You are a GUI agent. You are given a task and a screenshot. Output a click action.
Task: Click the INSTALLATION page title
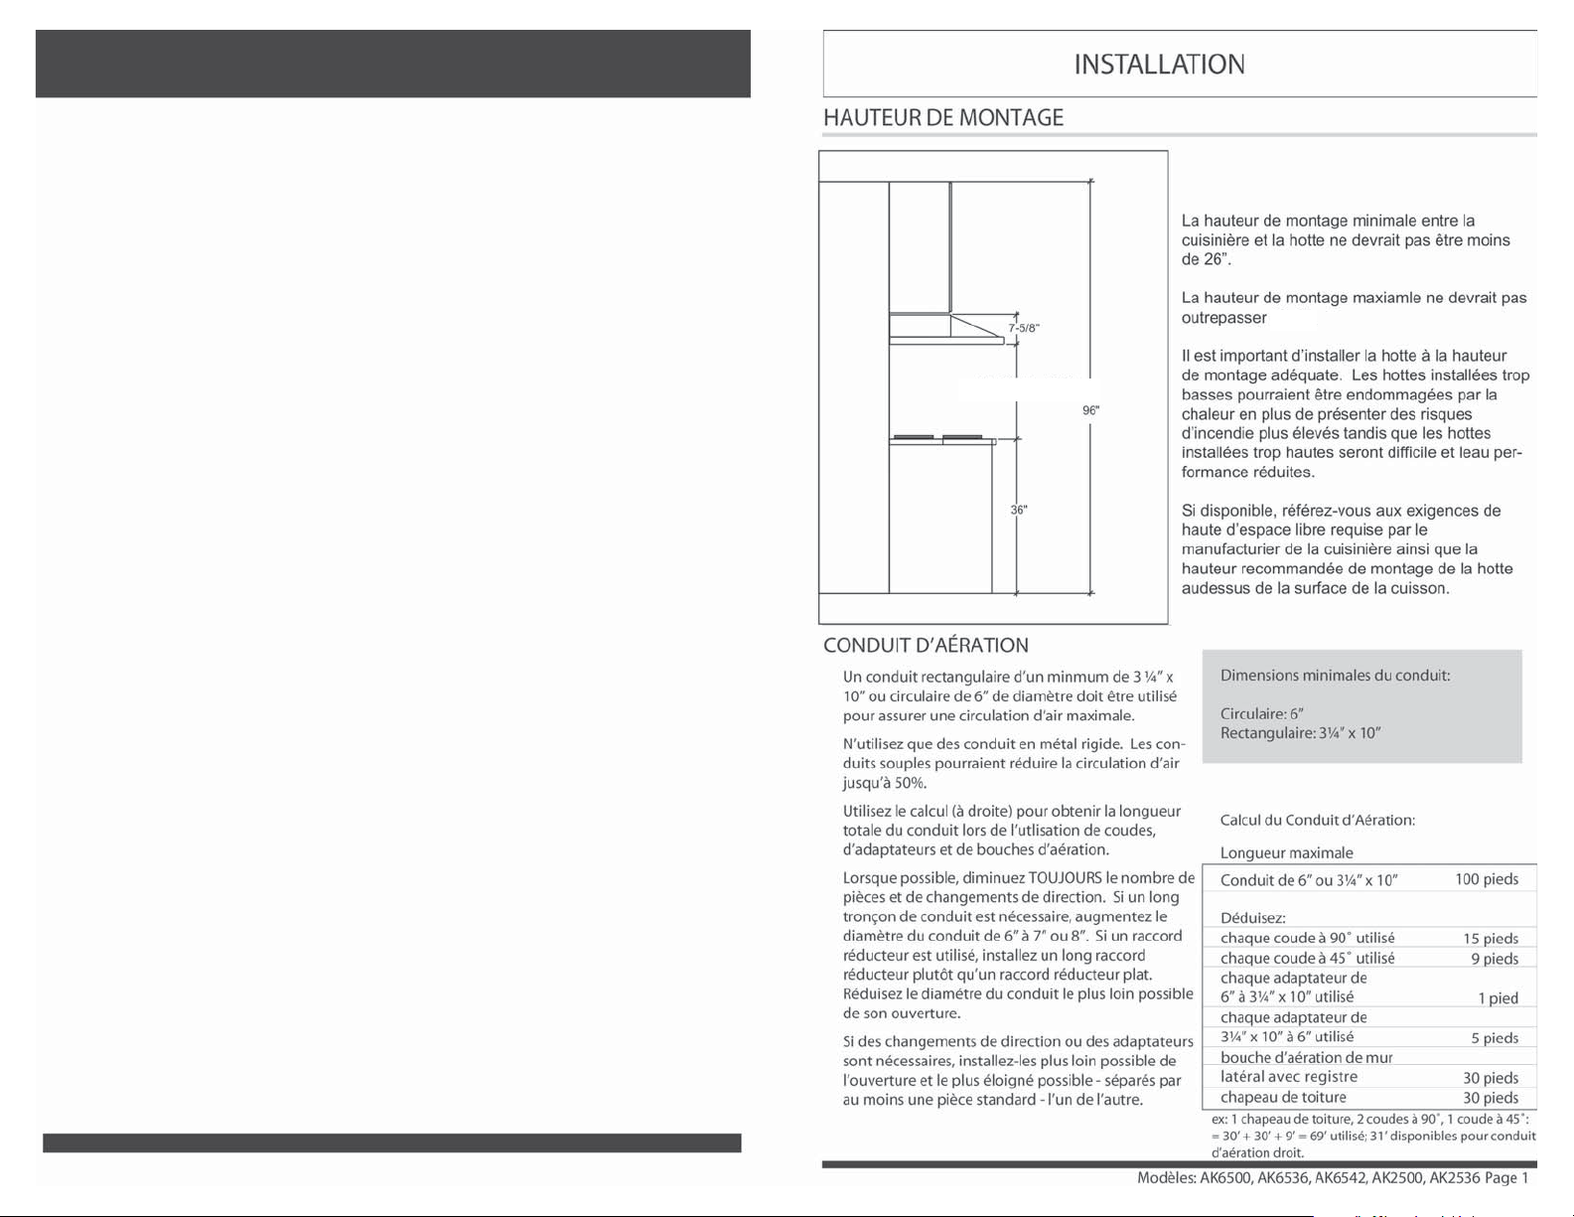pos(1159,65)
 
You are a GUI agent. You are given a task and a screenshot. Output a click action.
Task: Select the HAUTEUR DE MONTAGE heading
pos(943,118)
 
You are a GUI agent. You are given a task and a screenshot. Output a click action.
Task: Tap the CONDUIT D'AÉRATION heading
pos(926,646)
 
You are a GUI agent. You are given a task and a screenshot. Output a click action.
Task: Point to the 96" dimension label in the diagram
pos(1091,410)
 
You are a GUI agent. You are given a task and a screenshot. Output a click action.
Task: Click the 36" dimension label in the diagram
pos(1019,510)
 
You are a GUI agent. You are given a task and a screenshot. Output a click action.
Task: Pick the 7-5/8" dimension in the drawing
pos(1024,328)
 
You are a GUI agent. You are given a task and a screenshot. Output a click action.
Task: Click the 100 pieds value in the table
pos(1487,879)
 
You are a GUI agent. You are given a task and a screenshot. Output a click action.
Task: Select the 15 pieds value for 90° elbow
pos(1490,939)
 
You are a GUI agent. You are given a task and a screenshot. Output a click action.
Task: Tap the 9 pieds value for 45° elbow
pos(1495,959)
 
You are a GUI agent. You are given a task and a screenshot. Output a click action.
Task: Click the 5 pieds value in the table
pos(1495,1038)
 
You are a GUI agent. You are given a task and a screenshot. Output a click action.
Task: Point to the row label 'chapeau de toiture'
pos(1283,1097)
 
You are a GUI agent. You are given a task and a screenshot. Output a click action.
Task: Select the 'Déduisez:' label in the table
pos(1253,918)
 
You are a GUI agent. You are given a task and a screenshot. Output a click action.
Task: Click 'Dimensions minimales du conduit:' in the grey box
pos(1335,676)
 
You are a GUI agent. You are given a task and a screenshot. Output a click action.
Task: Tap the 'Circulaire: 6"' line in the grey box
pos(1261,713)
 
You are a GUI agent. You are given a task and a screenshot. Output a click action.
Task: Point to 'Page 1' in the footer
pos(1506,1177)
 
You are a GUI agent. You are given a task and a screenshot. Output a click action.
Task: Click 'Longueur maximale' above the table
pos(1286,852)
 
